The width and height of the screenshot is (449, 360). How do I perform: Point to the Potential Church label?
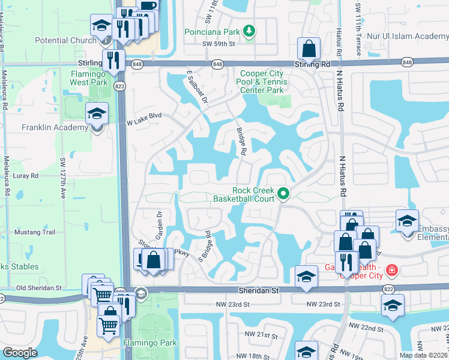coord(65,40)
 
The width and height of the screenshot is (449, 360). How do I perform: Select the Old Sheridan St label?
coord(40,288)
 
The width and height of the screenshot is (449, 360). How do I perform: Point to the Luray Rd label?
coord(26,176)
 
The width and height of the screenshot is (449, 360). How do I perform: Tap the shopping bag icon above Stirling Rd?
coord(309,48)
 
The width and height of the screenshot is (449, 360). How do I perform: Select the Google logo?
coord(20,353)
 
